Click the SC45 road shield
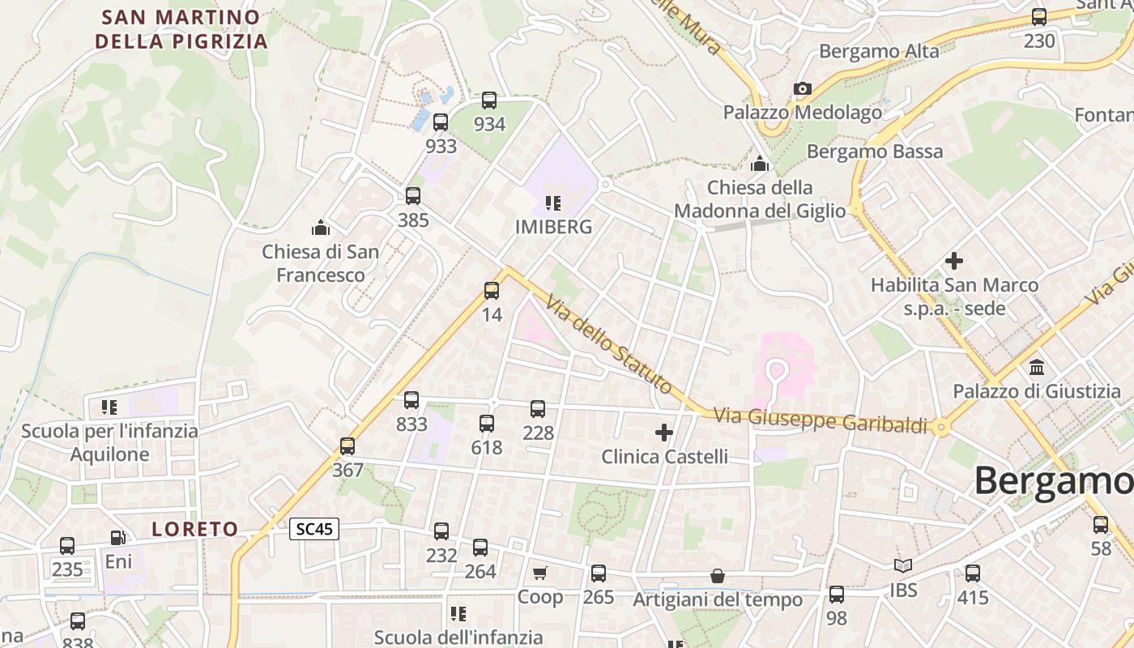pyautogui.click(x=314, y=530)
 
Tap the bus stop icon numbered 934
pyautogui.click(x=489, y=100)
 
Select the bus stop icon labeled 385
pyautogui.click(x=413, y=196)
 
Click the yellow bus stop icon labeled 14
pyautogui.click(x=492, y=291)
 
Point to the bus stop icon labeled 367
pyautogui.click(x=347, y=446)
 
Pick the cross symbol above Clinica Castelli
pyautogui.click(x=664, y=433)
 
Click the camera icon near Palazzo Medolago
pyautogui.click(x=803, y=88)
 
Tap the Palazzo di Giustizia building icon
pyautogui.click(x=1037, y=368)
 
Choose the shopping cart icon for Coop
pyautogui.click(x=540, y=573)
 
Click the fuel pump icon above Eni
pyautogui.click(x=117, y=538)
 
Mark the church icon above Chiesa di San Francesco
pyautogui.click(x=321, y=228)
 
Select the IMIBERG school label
pyautogui.click(x=554, y=228)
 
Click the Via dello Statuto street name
pyautogui.click(x=608, y=344)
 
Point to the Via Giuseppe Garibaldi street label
pyautogui.click(x=820, y=420)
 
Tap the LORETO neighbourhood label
pyautogui.click(x=195, y=530)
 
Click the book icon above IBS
pyautogui.click(x=903, y=566)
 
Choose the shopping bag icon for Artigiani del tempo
pyautogui.click(x=718, y=576)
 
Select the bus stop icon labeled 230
pyautogui.click(x=1039, y=17)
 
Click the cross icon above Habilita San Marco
pyautogui.click(x=954, y=261)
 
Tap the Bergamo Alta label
pyautogui.click(x=879, y=52)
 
